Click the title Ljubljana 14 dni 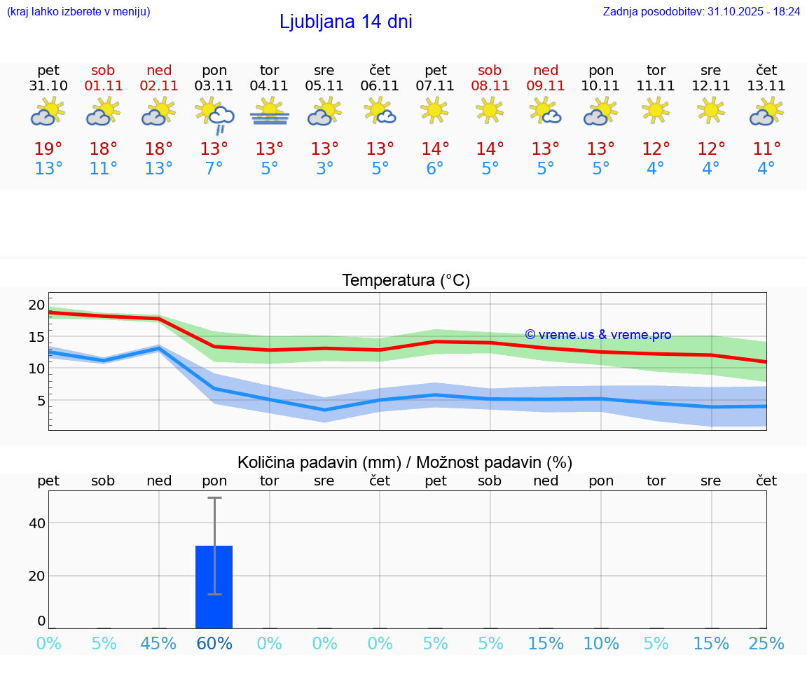345,22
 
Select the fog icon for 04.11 270,111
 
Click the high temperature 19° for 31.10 48,149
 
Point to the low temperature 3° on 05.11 324,169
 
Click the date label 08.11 490,86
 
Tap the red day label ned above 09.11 546,70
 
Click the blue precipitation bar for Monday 214,587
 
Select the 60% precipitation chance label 214,644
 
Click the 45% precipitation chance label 159,644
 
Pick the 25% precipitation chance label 766,644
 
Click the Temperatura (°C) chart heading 406,281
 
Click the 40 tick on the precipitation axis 36,523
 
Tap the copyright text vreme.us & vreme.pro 598,335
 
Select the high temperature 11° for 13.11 766,149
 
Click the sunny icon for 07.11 435,110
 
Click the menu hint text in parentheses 78,11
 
